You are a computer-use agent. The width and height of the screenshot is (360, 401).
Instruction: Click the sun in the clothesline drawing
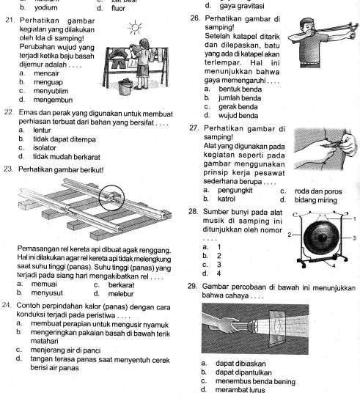pos(135,27)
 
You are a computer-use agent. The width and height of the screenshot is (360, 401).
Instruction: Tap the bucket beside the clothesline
pos(125,87)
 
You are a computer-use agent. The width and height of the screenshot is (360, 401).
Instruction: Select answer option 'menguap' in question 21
pos(48,82)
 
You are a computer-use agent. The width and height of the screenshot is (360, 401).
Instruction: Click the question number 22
pos(9,112)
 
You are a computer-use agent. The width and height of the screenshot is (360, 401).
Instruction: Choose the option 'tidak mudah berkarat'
pos(67,157)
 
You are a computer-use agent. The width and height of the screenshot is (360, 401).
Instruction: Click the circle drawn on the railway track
pos(111,198)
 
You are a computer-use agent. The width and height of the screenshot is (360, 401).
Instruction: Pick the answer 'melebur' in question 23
pos(121,294)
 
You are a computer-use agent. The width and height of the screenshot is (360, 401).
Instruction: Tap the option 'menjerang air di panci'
pos(65,350)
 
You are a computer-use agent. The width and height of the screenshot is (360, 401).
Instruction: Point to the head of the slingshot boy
pos(309,26)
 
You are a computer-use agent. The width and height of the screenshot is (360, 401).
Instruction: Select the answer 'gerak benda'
pos(238,107)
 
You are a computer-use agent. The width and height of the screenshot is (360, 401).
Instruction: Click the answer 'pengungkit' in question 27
pos(235,191)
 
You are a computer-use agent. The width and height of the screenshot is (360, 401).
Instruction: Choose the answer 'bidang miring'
pos(316,200)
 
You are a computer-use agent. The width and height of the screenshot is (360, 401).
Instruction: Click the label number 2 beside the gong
pos(289,235)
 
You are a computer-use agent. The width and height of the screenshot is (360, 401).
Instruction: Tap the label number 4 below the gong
pos(334,266)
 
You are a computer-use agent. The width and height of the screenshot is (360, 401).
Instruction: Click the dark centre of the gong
pos(322,238)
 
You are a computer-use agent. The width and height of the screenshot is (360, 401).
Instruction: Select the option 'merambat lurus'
pos(240,390)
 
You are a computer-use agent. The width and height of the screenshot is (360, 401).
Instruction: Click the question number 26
pos(195,18)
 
